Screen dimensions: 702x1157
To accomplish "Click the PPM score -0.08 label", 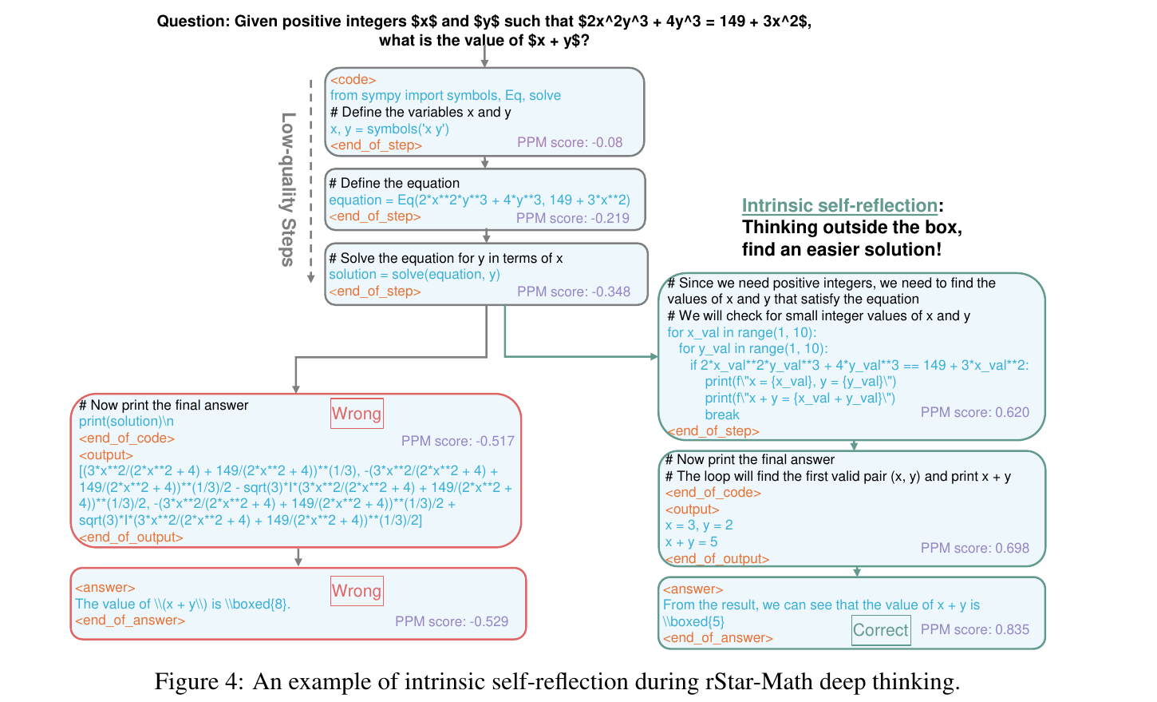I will point(570,142).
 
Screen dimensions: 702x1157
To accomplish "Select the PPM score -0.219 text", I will point(572,218).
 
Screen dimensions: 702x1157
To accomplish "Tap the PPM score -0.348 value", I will point(573,292).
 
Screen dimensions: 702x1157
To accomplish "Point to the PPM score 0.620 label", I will point(974,412).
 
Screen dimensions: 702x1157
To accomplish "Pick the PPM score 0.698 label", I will point(974,548).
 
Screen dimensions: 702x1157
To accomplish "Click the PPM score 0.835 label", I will point(974,629).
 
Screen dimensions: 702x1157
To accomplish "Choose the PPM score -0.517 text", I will point(457,441).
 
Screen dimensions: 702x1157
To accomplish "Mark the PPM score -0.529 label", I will point(451,621).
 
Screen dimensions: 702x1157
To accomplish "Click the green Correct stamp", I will point(880,630).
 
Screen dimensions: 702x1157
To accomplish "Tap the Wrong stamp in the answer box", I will point(357,591).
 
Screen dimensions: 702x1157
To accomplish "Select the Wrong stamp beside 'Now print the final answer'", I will point(357,414).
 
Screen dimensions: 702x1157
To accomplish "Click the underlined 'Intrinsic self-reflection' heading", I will point(839,205).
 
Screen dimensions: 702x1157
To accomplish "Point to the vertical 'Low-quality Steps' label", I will point(288,188).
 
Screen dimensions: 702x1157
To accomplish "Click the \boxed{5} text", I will point(693,621).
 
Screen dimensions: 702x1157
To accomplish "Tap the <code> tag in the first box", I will point(353,79).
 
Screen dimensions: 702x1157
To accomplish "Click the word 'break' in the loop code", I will point(722,414).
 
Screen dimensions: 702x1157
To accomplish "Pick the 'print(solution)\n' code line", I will point(126,421).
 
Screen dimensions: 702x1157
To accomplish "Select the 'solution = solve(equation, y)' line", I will point(414,274).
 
